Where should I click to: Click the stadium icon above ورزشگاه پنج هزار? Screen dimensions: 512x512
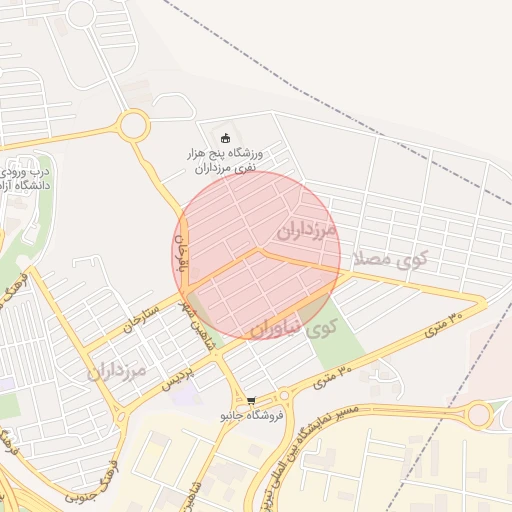coord(224,138)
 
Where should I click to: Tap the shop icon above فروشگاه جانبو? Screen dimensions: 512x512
coord(250,400)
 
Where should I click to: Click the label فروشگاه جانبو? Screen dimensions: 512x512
coord(250,415)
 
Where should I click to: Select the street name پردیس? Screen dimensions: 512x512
coord(176,377)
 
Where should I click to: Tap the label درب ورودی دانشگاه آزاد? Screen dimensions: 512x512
coord(26,178)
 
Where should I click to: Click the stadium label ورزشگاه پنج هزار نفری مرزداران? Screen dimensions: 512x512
coord(224,161)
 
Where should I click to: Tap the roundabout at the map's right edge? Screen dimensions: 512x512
coord(480,414)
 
